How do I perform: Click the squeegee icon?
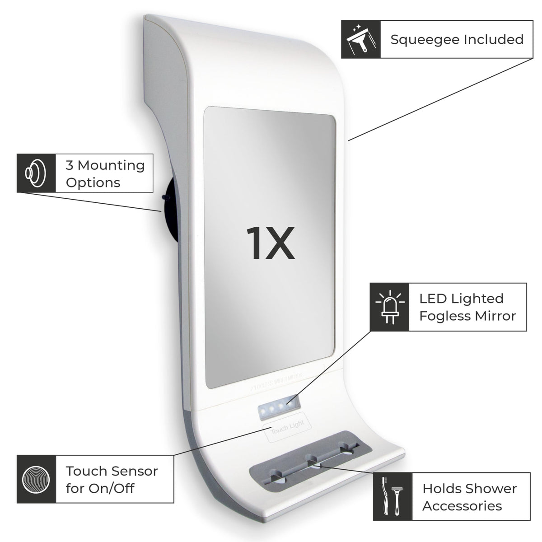point(360,39)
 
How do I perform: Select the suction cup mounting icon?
point(36,173)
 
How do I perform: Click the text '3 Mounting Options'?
point(105,174)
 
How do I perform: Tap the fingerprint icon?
point(36,479)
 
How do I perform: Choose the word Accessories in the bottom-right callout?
point(462,505)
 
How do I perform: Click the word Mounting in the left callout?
point(111,165)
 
